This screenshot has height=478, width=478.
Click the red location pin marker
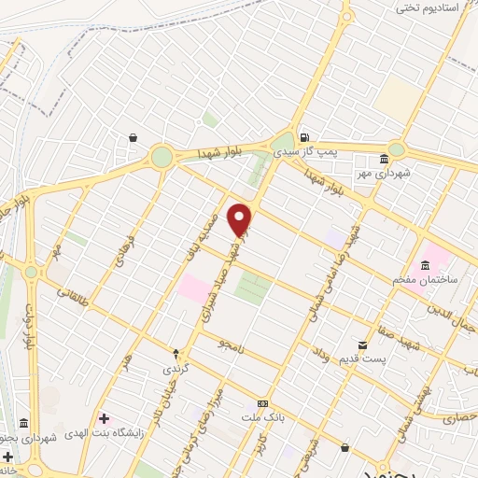click(x=241, y=219)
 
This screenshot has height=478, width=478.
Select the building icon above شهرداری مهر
click(x=386, y=159)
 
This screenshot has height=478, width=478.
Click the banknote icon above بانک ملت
click(x=263, y=403)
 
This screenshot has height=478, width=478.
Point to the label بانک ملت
click(x=263, y=417)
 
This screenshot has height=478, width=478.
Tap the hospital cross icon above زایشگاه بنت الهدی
click(x=104, y=417)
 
